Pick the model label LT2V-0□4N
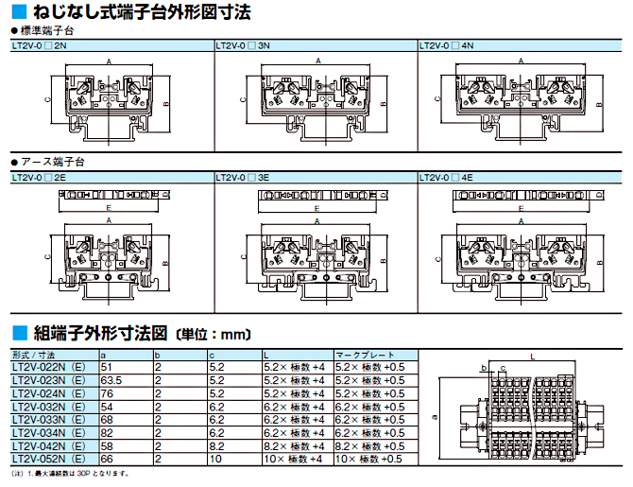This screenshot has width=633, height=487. [447, 44]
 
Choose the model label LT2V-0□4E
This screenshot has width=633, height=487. [447, 177]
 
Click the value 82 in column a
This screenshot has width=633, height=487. [107, 432]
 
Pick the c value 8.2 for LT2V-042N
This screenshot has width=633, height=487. [216, 445]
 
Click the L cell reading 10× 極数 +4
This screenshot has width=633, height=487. [294, 459]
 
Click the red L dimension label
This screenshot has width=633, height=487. [533, 357]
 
